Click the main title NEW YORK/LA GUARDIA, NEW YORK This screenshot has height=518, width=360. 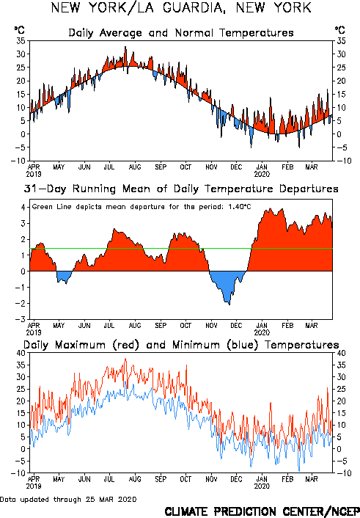tap(181, 7)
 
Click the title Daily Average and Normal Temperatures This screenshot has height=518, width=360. tap(181, 33)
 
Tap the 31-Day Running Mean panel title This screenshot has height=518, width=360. tap(181, 189)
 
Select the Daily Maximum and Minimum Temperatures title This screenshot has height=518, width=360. tap(181, 345)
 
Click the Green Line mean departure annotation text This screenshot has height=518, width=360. tap(142, 207)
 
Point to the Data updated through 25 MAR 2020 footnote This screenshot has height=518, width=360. tap(68, 499)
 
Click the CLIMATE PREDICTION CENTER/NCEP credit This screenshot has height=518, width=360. tap(262, 511)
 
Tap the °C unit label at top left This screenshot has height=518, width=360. tap(20, 30)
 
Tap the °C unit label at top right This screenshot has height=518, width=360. tap(340, 30)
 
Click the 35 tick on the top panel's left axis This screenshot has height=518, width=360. tap(21, 41)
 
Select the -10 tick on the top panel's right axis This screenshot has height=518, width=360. tap(343, 161)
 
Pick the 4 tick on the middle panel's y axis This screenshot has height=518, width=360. tap(23, 208)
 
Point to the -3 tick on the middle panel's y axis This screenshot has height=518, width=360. tap(21, 319)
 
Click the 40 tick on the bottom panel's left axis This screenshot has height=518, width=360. tap(21, 353)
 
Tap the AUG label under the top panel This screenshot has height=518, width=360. tap(135, 167)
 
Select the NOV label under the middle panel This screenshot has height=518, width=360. tap(211, 326)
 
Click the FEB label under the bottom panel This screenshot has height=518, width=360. tap(287, 479)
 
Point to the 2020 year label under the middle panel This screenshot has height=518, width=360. tap(262, 332)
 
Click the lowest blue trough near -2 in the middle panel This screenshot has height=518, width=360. tap(229, 304)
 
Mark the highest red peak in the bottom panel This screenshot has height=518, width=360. tap(125, 359)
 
